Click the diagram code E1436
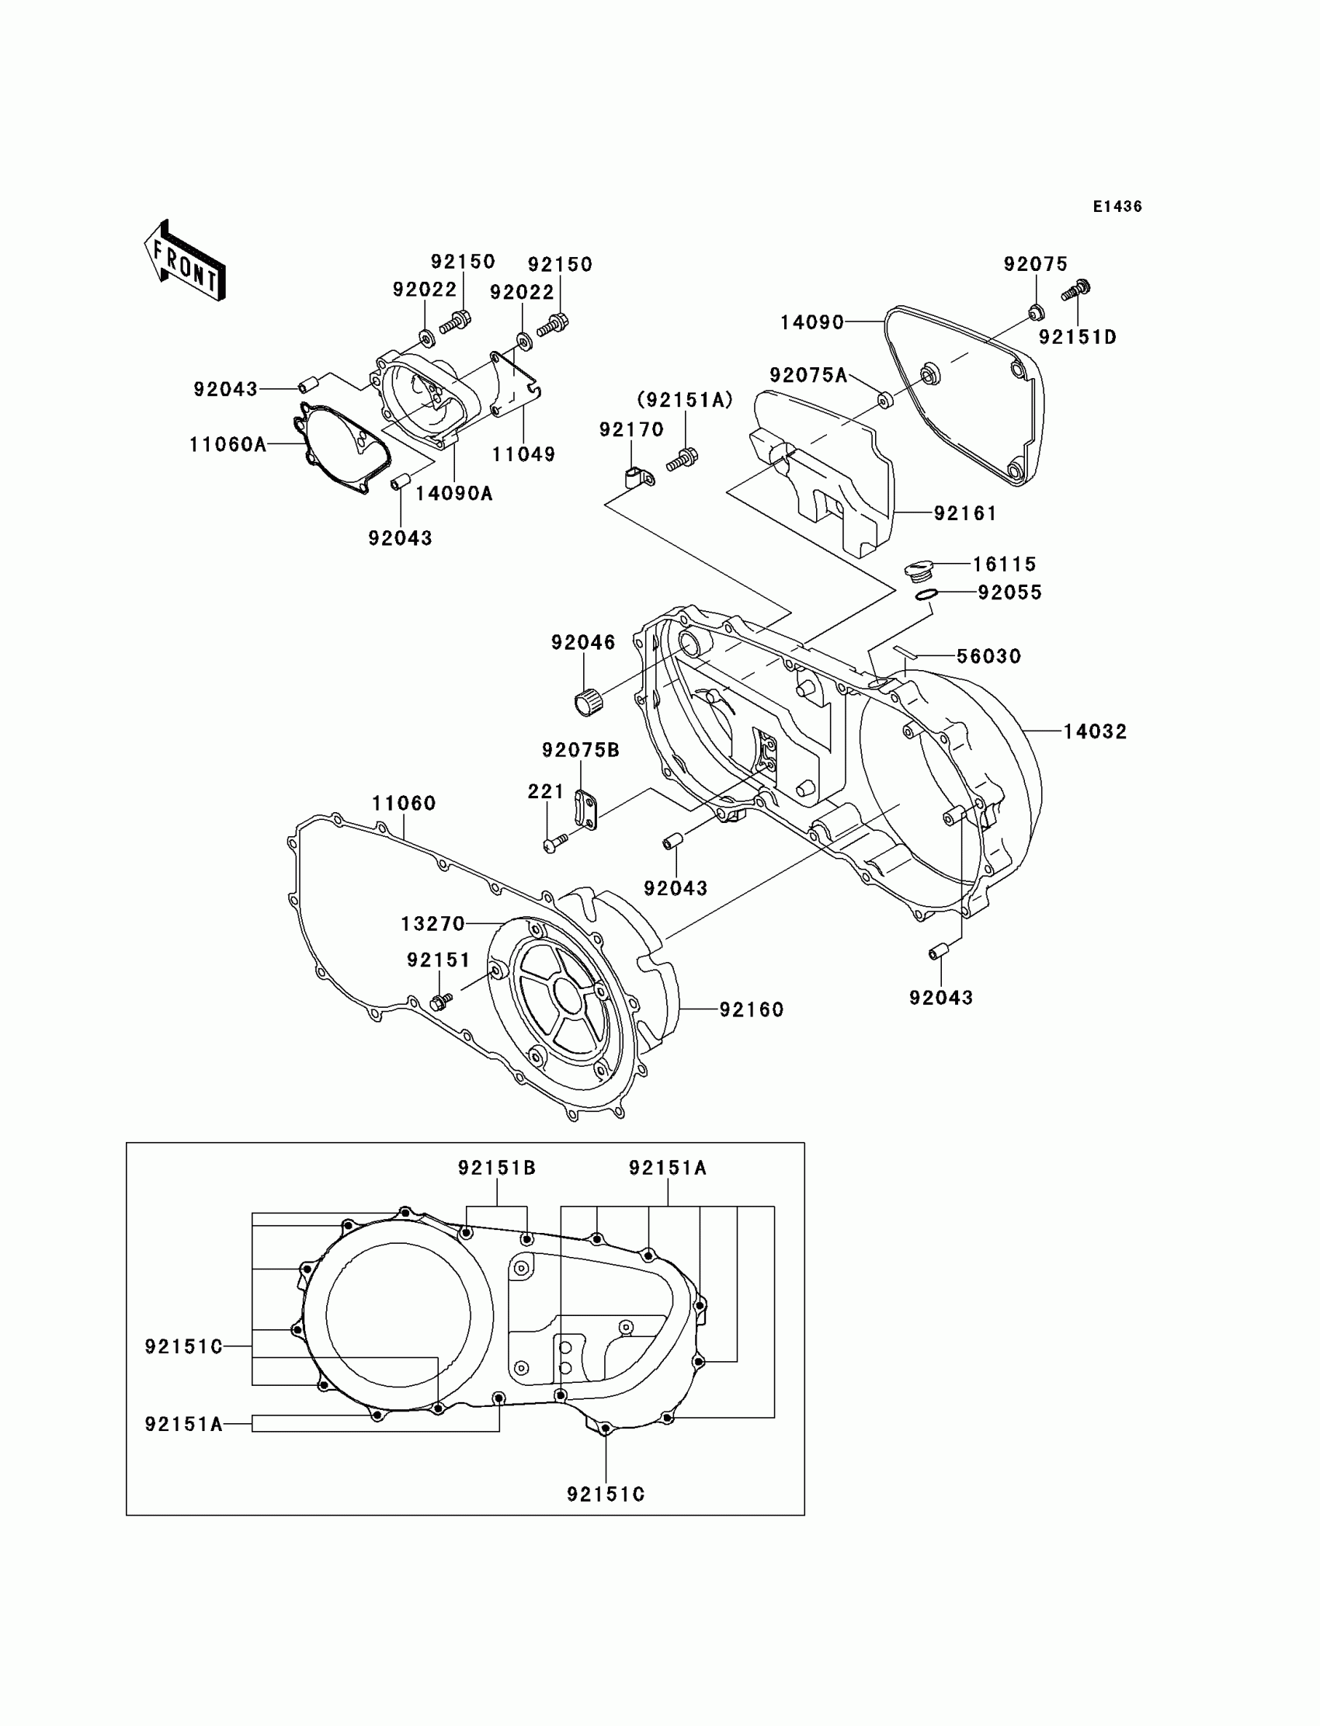point(1117,207)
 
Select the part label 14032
point(1095,731)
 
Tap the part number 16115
point(1004,564)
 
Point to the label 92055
point(1009,592)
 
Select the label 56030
point(988,656)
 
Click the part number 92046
point(583,643)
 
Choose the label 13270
point(433,924)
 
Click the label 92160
point(751,1009)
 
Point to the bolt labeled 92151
point(441,1001)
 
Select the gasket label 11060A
point(227,445)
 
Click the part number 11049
point(523,454)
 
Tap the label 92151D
point(1077,337)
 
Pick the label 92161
point(965,514)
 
